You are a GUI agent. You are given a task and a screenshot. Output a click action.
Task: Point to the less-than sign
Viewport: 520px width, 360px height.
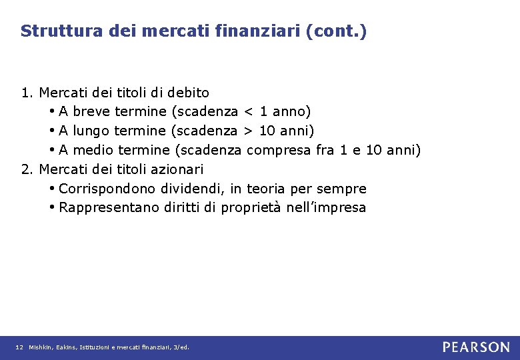249,111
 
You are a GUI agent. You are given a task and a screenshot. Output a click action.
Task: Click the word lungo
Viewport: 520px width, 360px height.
91,131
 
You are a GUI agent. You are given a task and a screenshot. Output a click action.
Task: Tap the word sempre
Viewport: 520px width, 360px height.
342,189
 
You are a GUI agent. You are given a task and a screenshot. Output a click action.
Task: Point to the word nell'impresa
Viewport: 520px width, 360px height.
327,208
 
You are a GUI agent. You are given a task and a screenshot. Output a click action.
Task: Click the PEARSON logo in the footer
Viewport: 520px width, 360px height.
476,347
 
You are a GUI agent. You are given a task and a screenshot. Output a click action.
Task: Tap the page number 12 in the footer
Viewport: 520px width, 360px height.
19,347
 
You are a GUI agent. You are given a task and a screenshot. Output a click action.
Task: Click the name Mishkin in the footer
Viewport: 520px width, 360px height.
39,347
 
